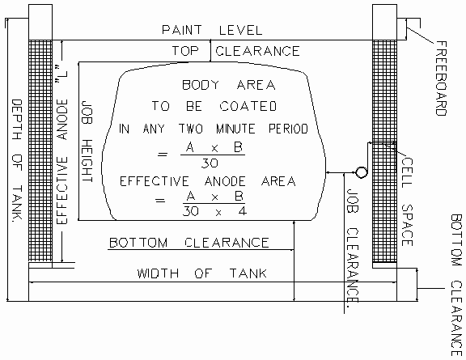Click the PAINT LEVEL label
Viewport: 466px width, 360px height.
click(x=212, y=30)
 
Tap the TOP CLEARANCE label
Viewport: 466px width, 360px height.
click(x=235, y=51)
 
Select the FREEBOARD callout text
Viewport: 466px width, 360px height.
click(x=441, y=78)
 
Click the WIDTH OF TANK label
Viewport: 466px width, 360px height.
click(x=202, y=273)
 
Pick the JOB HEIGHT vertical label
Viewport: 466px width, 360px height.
click(x=87, y=142)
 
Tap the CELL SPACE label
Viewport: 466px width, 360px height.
click(x=407, y=202)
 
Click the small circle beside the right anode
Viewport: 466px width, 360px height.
click(x=361, y=172)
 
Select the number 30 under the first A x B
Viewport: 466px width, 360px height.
click(x=210, y=163)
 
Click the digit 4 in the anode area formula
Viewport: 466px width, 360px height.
click(x=243, y=211)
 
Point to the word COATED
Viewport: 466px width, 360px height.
click(x=248, y=106)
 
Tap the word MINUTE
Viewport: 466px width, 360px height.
click(x=235, y=129)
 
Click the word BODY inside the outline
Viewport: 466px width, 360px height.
click(x=201, y=85)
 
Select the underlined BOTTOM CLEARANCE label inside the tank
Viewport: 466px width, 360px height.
click(x=189, y=243)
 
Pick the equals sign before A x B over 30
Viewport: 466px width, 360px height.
click(x=163, y=155)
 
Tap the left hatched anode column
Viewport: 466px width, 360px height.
click(x=40, y=150)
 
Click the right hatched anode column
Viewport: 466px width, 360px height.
click(x=384, y=151)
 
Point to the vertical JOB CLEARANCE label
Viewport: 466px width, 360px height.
click(x=354, y=246)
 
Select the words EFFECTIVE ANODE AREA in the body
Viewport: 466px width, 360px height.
click(x=208, y=181)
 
